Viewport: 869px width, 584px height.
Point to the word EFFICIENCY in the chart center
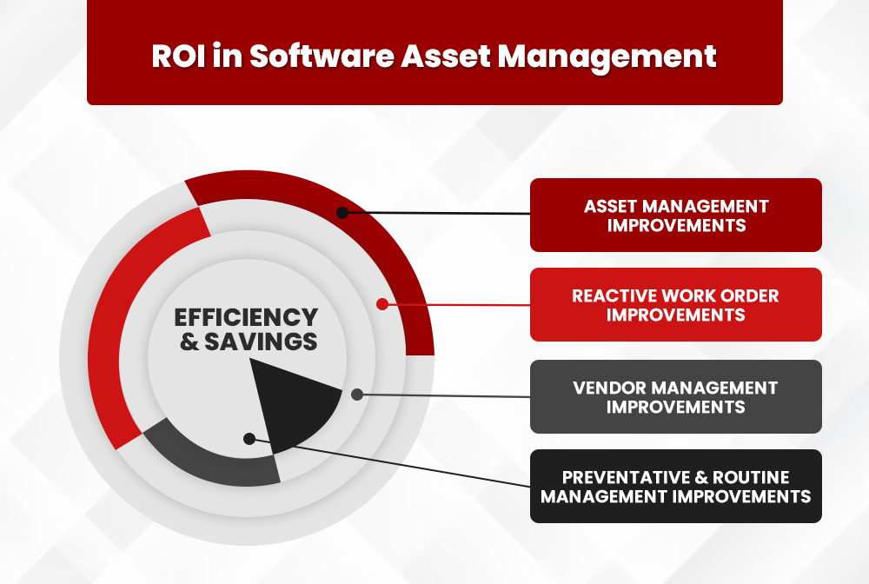point(247,317)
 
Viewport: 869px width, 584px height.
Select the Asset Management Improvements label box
point(675,216)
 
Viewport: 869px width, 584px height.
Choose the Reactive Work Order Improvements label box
point(675,305)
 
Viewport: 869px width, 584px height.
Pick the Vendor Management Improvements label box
point(675,396)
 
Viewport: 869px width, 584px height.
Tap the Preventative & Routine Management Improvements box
point(675,487)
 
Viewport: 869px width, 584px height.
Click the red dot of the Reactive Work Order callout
point(381,304)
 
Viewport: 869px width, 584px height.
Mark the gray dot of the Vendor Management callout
point(357,395)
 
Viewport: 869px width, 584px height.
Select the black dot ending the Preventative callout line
point(249,439)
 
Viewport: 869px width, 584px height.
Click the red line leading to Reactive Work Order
point(461,305)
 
